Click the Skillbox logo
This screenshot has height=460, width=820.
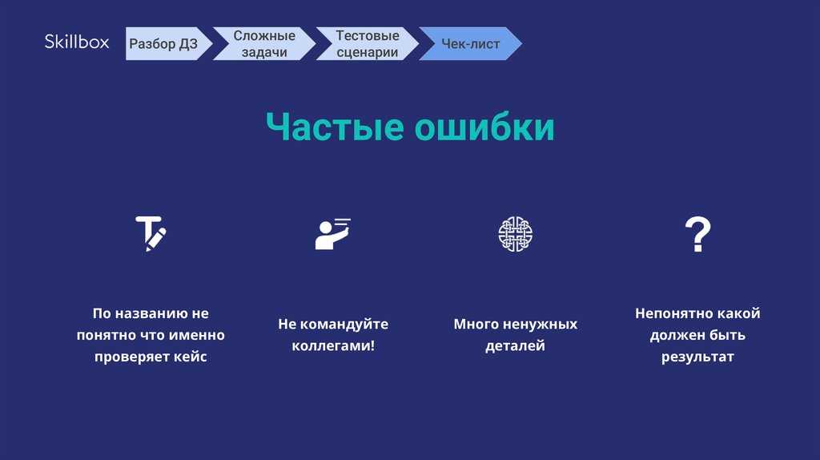[77, 42]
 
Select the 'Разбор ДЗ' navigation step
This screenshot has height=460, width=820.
[163, 44]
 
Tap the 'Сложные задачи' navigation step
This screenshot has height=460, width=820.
[264, 44]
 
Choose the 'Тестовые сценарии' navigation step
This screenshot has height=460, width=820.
[367, 44]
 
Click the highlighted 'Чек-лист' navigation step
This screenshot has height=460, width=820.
[470, 44]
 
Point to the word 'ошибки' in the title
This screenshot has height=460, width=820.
[484, 127]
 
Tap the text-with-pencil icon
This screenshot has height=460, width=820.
[151, 233]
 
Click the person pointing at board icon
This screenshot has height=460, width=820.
[333, 233]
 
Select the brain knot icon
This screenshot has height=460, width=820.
[515, 233]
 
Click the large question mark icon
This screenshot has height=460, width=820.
[697, 234]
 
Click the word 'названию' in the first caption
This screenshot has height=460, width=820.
[151, 313]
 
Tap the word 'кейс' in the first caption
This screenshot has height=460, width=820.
[191, 357]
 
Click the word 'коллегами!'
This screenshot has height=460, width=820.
[333, 346]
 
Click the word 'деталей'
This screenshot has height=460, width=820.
[515, 346]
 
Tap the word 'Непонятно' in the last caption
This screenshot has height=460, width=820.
[670, 313]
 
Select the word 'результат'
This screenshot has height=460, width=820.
[697, 357]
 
